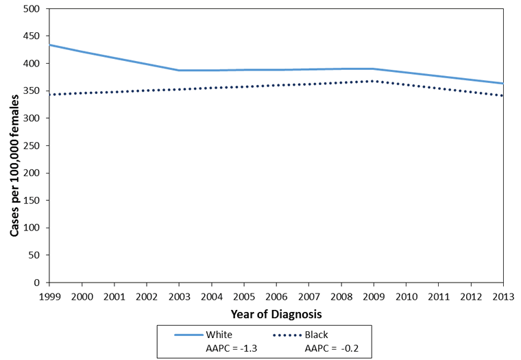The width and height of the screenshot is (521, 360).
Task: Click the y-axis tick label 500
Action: (33, 9)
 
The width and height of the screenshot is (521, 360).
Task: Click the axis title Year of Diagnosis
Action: (276, 313)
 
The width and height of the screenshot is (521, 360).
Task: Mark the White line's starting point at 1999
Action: (49, 45)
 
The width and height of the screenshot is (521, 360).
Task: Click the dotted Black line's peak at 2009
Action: (374, 81)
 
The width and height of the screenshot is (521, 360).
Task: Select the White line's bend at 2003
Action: (179, 70)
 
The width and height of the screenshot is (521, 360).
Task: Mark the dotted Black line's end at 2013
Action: (503, 95)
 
